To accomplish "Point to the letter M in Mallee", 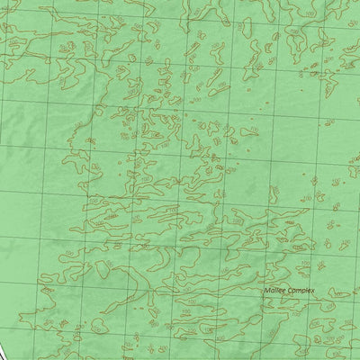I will pos(266,292).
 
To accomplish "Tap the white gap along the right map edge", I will pos(356,153).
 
